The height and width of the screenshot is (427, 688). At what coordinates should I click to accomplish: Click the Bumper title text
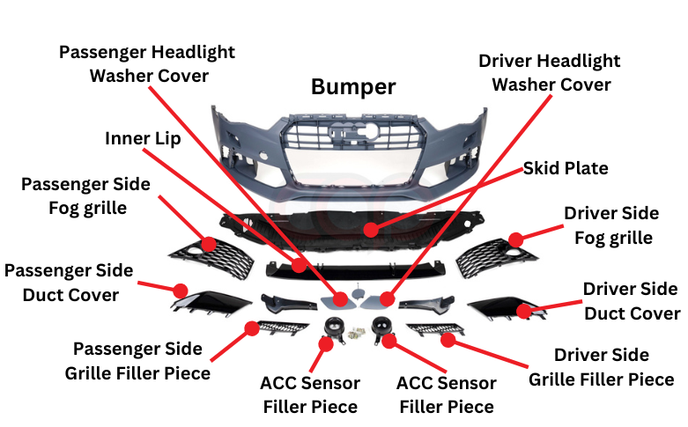click(353, 87)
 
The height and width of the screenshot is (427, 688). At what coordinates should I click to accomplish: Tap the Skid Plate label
click(566, 167)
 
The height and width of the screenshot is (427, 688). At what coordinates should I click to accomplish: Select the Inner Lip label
click(143, 139)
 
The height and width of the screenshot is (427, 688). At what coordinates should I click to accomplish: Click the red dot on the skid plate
click(371, 230)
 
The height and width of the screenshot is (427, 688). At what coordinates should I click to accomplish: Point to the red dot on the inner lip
click(299, 264)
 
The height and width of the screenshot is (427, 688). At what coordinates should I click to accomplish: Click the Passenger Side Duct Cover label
click(69, 282)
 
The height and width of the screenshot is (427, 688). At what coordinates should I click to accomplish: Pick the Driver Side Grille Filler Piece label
click(602, 367)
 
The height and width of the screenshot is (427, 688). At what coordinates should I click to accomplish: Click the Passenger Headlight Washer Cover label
click(147, 63)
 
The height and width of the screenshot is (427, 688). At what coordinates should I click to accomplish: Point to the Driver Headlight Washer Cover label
click(550, 73)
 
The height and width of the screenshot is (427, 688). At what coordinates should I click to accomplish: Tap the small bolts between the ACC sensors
click(355, 334)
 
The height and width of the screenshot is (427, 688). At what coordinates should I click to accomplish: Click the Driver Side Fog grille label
click(611, 225)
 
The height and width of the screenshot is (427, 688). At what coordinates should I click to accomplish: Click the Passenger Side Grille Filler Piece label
click(137, 361)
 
